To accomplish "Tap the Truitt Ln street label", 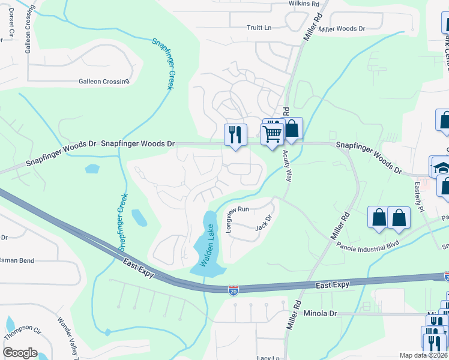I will pyautogui.click(x=259, y=28).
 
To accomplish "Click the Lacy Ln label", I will pyautogui.click(x=268, y=358).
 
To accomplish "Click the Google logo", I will pyautogui.click(x=20, y=353).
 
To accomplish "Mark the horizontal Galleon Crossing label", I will pyautogui.click(x=104, y=82).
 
